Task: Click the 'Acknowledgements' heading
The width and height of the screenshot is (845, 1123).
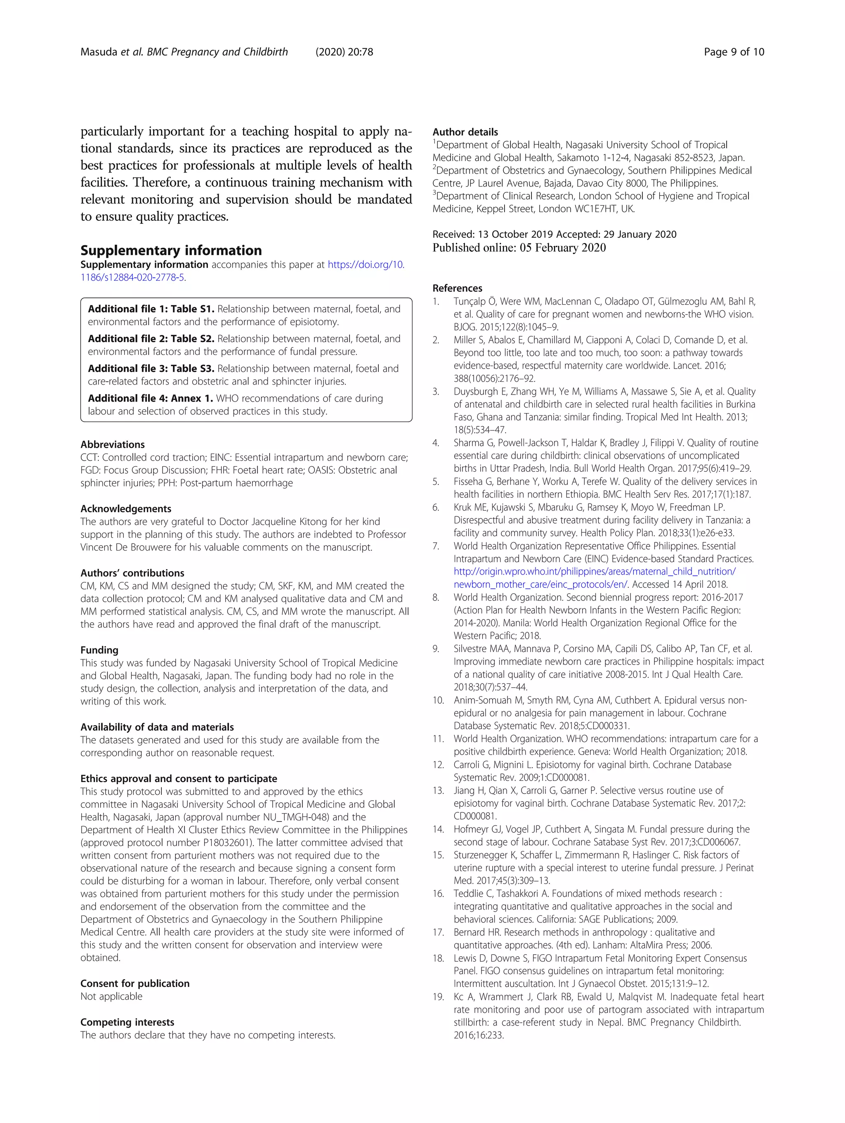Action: (125, 509)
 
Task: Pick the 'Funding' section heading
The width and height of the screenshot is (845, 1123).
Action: (99, 650)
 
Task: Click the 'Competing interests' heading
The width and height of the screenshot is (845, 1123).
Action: (127, 1022)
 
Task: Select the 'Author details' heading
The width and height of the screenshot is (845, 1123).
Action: (465, 132)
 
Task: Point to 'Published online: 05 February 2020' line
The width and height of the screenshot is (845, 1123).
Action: (519, 248)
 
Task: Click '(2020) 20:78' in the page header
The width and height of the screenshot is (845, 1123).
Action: (344, 52)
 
